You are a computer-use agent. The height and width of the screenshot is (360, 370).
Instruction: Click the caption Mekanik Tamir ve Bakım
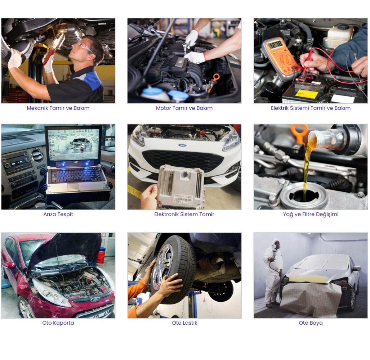(58, 108)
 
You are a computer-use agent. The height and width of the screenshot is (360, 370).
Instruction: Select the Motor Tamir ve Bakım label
(184, 108)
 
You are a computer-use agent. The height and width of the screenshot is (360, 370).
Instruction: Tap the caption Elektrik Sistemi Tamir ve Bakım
(311, 108)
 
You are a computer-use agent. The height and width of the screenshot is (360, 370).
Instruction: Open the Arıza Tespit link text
(58, 214)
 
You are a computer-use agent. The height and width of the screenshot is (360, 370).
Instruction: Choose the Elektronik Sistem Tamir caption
(184, 214)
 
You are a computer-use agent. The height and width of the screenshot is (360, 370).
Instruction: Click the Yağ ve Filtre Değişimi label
(311, 214)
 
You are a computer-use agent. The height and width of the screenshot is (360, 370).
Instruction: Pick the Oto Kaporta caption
(58, 323)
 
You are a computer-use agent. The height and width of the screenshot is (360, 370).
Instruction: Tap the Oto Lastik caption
(184, 323)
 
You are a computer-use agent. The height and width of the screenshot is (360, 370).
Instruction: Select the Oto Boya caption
(311, 323)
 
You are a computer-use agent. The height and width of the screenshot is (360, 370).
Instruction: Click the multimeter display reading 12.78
(276, 44)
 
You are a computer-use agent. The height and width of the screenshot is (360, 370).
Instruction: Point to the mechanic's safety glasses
(85, 48)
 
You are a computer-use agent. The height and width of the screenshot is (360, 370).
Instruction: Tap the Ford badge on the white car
(182, 145)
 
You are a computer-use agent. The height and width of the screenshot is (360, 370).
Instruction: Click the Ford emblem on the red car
(95, 300)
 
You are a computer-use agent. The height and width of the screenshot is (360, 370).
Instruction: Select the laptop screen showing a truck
(73, 144)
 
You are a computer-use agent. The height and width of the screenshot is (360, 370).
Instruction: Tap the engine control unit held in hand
(180, 186)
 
